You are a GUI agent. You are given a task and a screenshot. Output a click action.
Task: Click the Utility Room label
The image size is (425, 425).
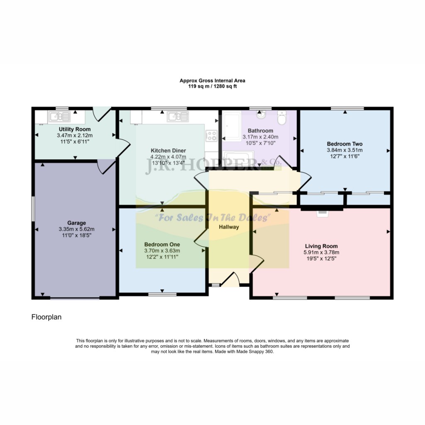[x=75, y=129]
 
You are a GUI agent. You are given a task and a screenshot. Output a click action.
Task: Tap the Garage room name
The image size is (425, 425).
[x=77, y=223]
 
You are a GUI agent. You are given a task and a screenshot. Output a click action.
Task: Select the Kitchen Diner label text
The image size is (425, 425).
[x=169, y=151]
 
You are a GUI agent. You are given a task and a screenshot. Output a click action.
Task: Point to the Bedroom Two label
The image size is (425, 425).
[x=345, y=144]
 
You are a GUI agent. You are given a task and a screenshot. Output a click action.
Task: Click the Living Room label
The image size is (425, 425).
[x=322, y=246]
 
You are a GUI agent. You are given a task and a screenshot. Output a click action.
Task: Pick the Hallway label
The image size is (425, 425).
[x=229, y=227]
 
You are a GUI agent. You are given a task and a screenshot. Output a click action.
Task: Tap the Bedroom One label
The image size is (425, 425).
[x=162, y=244]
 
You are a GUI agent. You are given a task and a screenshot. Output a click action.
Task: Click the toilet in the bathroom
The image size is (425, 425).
[x=282, y=117]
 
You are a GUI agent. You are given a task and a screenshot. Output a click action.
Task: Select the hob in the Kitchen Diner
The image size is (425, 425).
[x=211, y=136]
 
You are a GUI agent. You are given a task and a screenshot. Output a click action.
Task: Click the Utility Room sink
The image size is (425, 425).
[x=59, y=117]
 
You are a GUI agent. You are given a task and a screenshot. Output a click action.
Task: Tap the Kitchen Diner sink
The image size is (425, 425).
[x=178, y=117]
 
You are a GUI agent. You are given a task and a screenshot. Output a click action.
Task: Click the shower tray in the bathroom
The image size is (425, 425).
[x=232, y=127]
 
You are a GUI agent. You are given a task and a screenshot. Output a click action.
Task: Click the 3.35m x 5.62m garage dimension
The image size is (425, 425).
[x=77, y=229]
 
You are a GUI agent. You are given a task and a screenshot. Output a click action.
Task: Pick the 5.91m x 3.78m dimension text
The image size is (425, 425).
[x=322, y=252]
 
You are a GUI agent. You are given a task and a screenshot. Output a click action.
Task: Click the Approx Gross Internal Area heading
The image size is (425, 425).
[x=212, y=81]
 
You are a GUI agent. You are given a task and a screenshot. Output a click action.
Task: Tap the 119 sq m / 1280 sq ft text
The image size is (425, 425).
[x=212, y=86]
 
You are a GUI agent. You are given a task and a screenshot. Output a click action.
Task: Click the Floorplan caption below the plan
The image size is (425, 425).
[x=46, y=317]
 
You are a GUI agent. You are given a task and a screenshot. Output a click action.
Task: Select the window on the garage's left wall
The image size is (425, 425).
[x=33, y=208]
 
